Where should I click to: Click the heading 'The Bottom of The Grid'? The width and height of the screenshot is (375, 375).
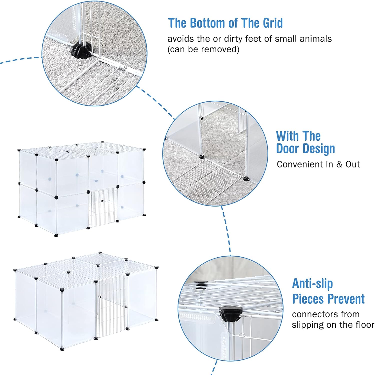225,23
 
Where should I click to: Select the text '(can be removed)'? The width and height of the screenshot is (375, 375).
203,49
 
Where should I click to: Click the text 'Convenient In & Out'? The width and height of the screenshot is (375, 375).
318,164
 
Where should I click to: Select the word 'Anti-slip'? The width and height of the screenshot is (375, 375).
312,284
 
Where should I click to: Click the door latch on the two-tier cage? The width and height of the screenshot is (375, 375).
102,200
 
